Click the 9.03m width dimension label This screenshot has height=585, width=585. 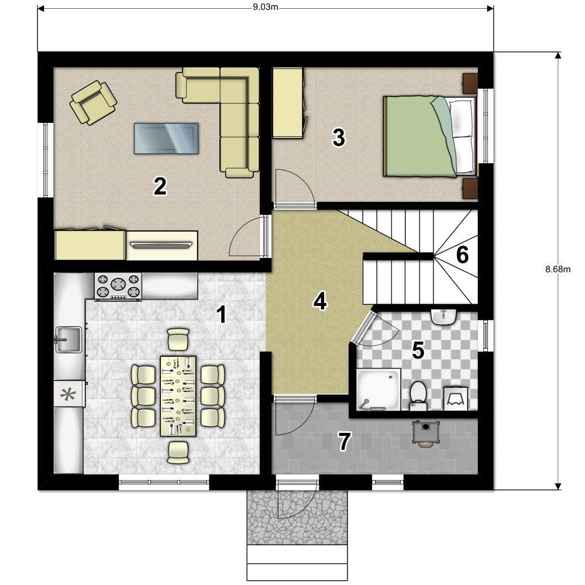(265, 7)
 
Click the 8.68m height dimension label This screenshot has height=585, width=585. (558, 269)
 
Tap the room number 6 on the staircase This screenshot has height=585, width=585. (462, 255)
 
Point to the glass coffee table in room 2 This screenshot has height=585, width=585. (166, 138)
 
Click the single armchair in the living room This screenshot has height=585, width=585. (93, 102)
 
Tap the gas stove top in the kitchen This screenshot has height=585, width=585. (118, 286)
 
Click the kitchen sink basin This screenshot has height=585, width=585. (68, 339)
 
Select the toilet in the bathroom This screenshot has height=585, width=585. (418, 395)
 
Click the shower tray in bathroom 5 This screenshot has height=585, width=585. (378, 389)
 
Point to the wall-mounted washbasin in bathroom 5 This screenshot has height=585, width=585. (443, 317)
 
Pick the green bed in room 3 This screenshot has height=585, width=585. (430, 136)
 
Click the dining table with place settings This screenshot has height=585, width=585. (178, 396)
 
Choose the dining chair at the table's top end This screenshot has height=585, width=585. (178, 339)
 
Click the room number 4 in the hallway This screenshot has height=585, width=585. (320, 301)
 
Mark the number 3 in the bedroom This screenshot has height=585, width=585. (338, 137)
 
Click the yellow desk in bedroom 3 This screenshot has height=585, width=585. (288, 103)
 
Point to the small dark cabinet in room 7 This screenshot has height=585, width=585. (426, 433)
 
